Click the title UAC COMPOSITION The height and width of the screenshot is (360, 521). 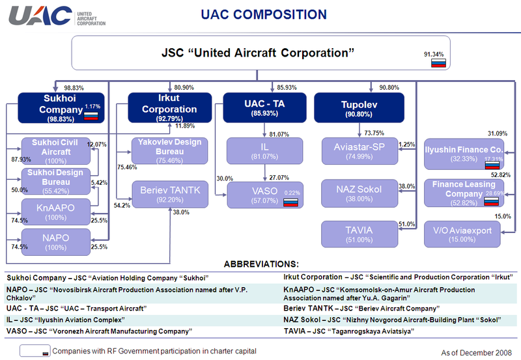tap(263, 14)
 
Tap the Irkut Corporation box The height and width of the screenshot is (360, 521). tap(169, 107)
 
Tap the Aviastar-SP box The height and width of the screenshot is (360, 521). tap(359, 150)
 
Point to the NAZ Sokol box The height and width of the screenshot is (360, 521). tap(359, 193)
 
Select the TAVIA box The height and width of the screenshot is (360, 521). tap(359, 235)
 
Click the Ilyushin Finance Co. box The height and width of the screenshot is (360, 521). tap(463, 154)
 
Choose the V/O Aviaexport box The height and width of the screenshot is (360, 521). tap(463, 234)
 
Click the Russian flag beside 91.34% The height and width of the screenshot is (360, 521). tap(438, 63)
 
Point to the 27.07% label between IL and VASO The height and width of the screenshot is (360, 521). tap(279, 177)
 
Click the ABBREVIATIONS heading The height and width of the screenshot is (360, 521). tap(261, 264)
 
